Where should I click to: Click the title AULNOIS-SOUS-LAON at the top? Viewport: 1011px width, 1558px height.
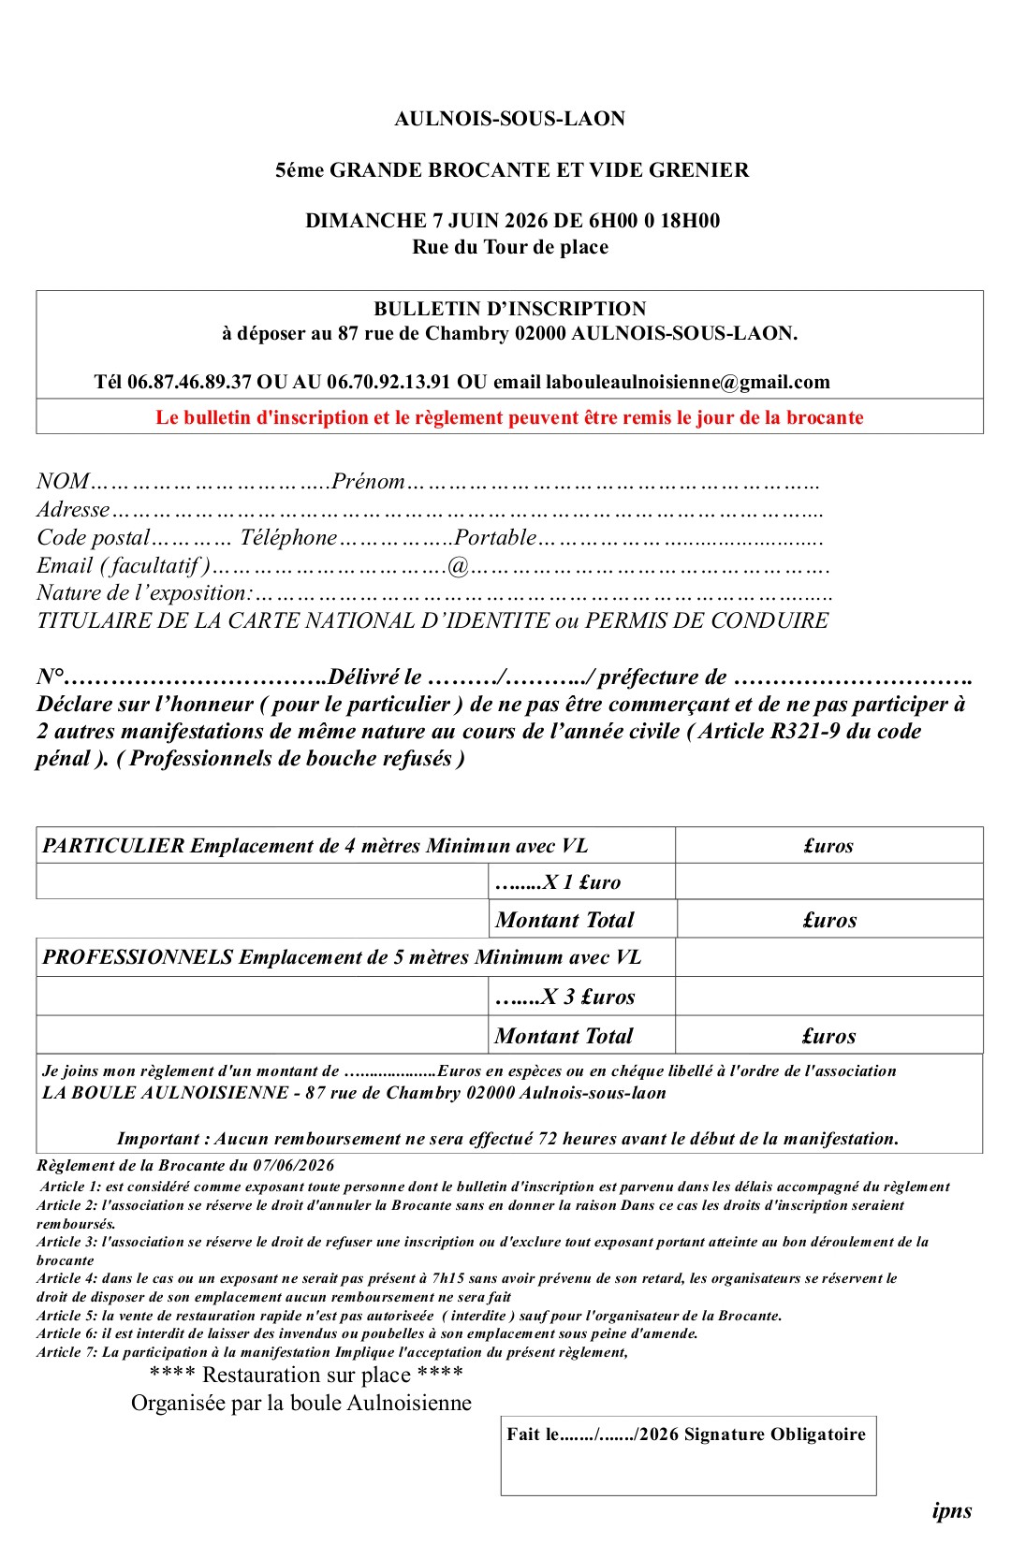(x=509, y=119)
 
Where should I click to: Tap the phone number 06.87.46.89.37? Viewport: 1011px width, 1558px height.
(x=189, y=382)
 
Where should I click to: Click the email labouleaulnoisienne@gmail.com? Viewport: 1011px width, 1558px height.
(x=687, y=382)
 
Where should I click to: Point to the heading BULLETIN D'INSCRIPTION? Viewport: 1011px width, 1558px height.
(x=509, y=309)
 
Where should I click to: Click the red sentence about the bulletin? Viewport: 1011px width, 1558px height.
(x=509, y=417)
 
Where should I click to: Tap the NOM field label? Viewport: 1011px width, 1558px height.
(x=62, y=482)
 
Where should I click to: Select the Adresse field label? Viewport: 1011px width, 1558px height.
(x=73, y=510)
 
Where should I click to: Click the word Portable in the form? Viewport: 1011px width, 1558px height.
(x=495, y=538)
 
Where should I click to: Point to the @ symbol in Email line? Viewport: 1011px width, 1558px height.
(x=458, y=566)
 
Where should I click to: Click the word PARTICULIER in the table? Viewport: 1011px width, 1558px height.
(x=113, y=846)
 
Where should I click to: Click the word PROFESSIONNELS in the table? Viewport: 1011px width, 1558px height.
(x=138, y=957)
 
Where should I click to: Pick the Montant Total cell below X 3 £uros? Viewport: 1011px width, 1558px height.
(x=564, y=1036)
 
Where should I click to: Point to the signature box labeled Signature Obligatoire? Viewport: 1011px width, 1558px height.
(x=688, y=1455)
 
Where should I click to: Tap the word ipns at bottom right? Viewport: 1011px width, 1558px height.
(x=952, y=1510)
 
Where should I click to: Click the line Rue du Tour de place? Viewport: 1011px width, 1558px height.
(x=509, y=247)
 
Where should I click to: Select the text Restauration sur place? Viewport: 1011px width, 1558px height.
(x=306, y=1375)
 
